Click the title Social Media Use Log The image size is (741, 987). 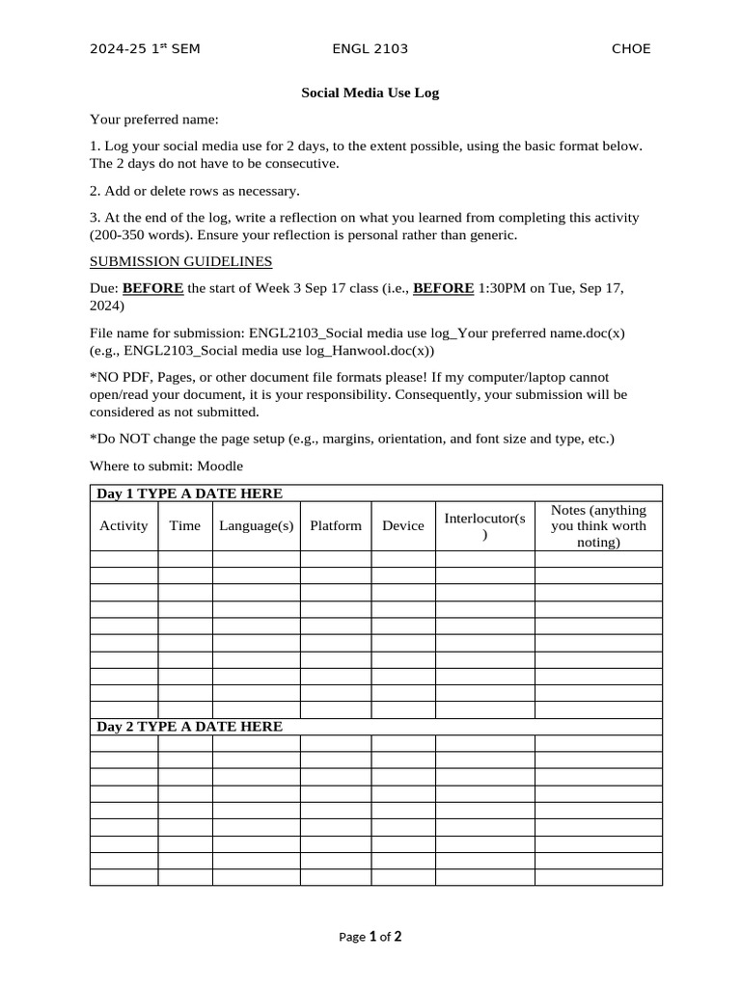[x=370, y=93]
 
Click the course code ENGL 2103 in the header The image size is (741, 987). [x=370, y=48]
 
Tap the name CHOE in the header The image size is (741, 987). [x=631, y=48]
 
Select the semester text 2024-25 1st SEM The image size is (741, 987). [x=145, y=48]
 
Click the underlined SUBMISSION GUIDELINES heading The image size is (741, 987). [x=180, y=261]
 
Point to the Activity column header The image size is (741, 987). [x=123, y=525]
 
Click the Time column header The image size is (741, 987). [x=184, y=525]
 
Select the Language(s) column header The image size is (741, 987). [x=256, y=525]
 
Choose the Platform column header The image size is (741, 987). [x=336, y=525]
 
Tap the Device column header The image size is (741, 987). [x=402, y=525]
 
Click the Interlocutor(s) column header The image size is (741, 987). [x=484, y=526]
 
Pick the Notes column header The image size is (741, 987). [x=598, y=525]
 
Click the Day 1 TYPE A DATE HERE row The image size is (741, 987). [x=189, y=493]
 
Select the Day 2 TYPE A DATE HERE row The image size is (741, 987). [x=189, y=727]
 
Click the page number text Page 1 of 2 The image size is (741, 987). [x=370, y=936]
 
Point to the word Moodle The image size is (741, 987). [x=220, y=466]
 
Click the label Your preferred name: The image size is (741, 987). [x=154, y=120]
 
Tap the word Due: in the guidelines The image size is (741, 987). [x=104, y=287]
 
